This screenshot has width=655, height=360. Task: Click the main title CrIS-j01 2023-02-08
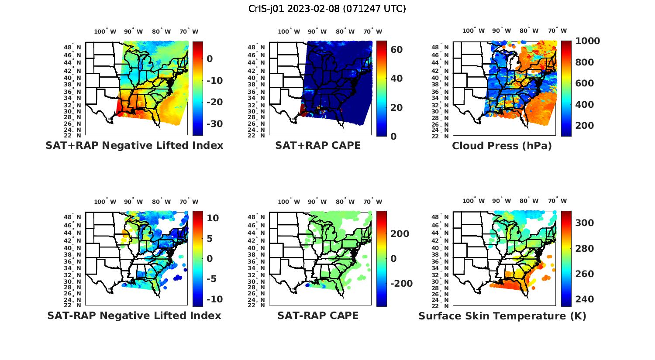coord(327,9)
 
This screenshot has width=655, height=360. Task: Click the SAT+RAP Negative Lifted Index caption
coord(134,145)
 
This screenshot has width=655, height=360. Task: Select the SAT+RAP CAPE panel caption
coord(318,145)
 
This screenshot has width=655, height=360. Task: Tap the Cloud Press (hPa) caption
coord(502,146)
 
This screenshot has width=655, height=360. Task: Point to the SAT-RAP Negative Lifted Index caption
coord(134,315)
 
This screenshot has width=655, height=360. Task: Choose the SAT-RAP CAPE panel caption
coord(318,315)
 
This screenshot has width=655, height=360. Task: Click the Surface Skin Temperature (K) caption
coord(502,316)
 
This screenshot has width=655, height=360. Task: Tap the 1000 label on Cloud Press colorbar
coord(587,41)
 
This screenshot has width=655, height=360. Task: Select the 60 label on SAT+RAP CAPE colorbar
coord(396,50)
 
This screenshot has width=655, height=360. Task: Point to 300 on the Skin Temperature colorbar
coord(585,223)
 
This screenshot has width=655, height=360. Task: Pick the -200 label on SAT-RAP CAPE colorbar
coord(401,284)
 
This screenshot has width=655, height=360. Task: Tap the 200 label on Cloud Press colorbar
coord(585,126)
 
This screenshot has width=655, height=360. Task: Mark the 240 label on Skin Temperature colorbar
coord(585,299)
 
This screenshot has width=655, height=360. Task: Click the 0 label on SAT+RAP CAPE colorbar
coord(393,136)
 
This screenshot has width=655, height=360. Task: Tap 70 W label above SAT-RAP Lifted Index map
coord(189,202)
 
